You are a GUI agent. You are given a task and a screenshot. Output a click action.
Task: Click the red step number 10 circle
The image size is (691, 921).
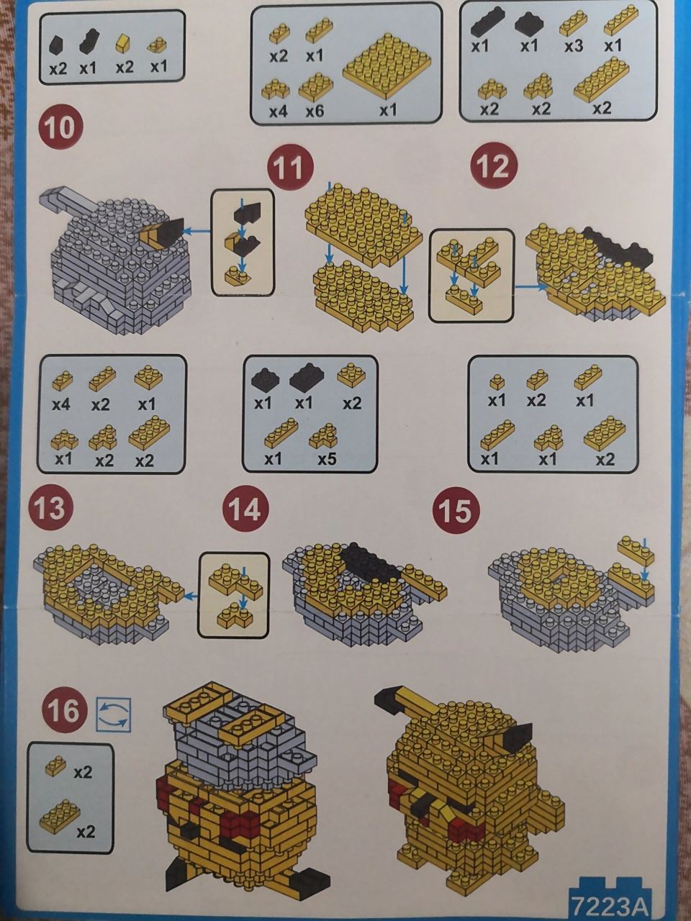pyautogui.click(x=60, y=127)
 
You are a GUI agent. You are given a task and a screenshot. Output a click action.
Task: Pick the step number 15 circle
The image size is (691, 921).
pyautogui.click(x=455, y=511)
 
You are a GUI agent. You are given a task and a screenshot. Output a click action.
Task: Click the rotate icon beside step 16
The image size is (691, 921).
pyautogui.click(x=114, y=715)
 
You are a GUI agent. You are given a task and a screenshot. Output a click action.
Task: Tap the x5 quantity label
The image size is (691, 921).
pyautogui.click(x=327, y=459)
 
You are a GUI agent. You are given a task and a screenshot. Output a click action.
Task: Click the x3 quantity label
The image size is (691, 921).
pyautogui.click(x=574, y=46)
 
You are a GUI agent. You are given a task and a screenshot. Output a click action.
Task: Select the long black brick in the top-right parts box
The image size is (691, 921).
pyautogui.click(x=487, y=22)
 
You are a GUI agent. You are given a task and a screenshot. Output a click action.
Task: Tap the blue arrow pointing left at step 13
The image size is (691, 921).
pyautogui.click(x=191, y=596)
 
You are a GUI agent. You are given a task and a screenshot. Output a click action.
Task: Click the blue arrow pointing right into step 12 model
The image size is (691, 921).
pyautogui.click(x=532, y=286)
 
